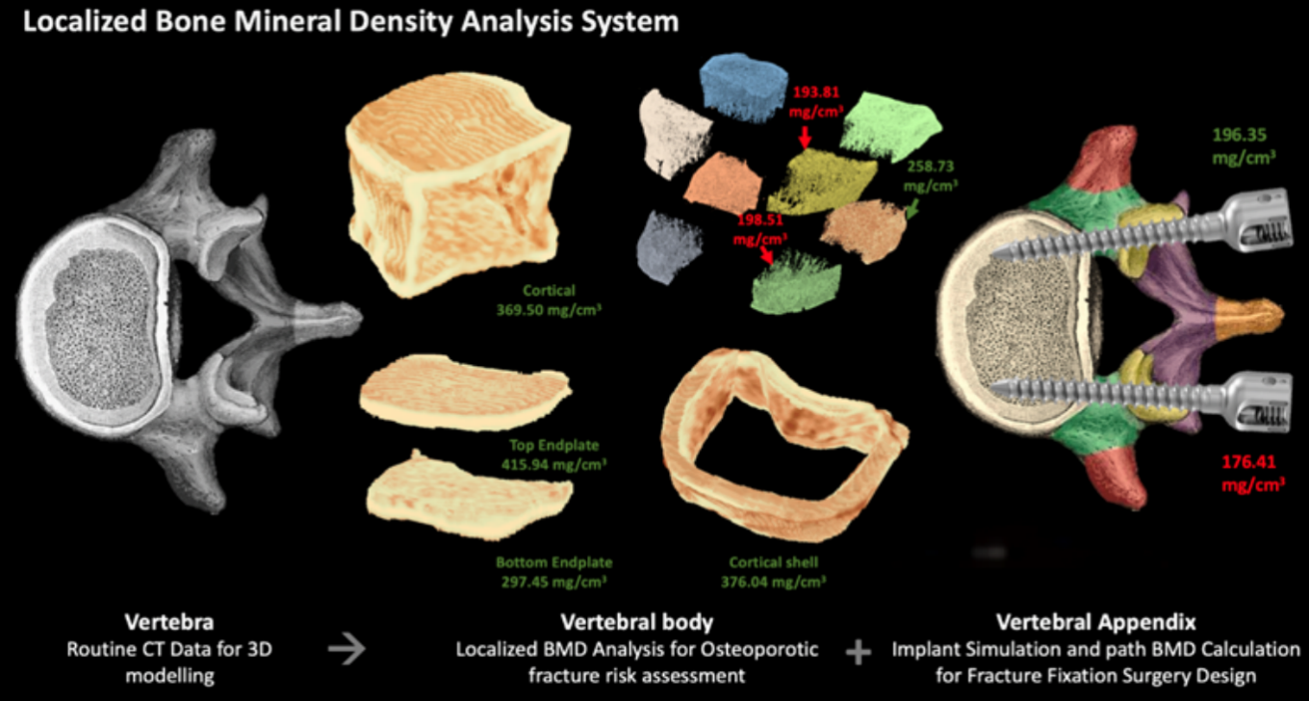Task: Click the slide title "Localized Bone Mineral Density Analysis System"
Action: pyautogui.click(x=350, y=21)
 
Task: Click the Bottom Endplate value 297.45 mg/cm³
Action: pyautogui.click(x=553, y=582)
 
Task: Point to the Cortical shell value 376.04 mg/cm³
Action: pyautogui.click(x=775, y=582)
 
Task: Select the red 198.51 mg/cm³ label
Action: pyautogui.click(x=757, y=229)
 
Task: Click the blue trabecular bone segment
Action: pyautogui.click(x=745, y=87)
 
